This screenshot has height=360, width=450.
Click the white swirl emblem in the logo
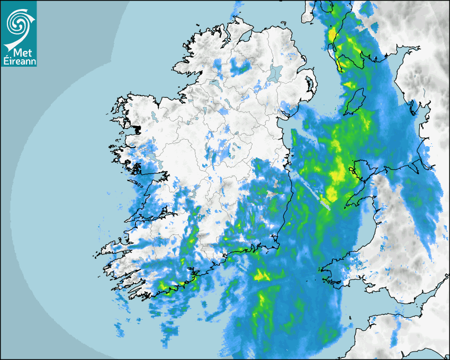[x=17, y=22]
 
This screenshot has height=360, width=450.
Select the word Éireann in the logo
[x=19, y=61]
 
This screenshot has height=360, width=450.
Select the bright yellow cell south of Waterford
[x=261, y=275]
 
